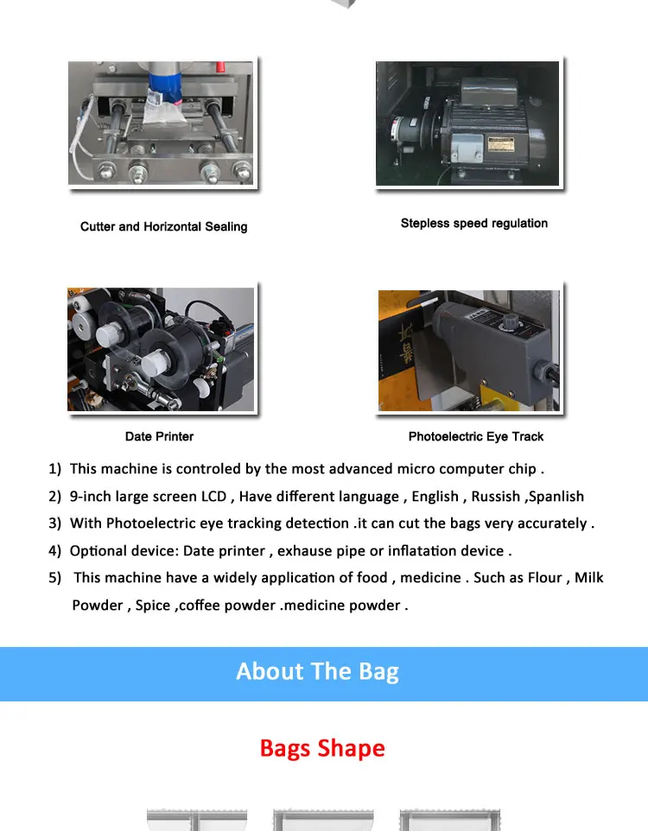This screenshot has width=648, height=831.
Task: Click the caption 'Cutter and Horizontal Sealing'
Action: coord(163,226)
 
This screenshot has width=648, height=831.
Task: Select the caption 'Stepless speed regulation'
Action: coord(473,223)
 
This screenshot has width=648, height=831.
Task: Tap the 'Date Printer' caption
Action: coord(159,436)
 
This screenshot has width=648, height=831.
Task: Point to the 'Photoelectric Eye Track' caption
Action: coord(475,436)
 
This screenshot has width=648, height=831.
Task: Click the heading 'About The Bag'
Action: coord(317,671)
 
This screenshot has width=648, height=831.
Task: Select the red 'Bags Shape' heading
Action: coord(322,747)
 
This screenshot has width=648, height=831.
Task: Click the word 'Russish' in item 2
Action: coord(493,496)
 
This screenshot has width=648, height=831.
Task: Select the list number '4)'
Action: coord(54,550)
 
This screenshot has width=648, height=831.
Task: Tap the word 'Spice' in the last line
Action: coord(153,605)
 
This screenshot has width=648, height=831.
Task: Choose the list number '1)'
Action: coord(54,468)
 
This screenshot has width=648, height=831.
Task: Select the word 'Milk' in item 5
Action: coord(589,577)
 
